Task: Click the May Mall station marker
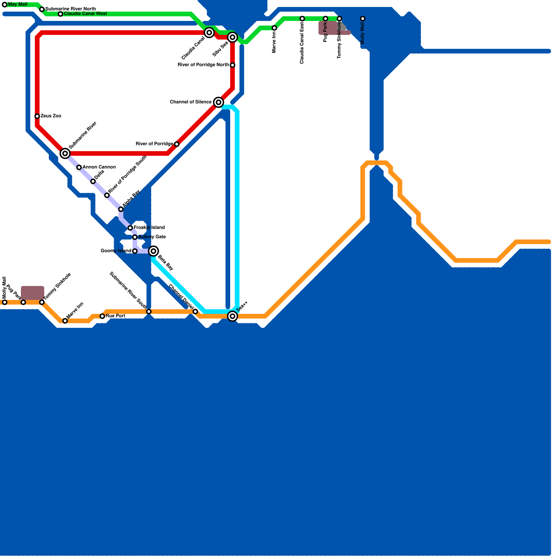pos(5,5)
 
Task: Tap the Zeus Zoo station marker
pos(37,116)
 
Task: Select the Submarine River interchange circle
pos(65,153)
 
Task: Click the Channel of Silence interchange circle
pos(219,102)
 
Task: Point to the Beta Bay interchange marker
pos(153,251)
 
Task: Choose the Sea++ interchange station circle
pos(233,316)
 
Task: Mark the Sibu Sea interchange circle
pos(233,37)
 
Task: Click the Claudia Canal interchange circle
pos(209,33)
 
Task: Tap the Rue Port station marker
pos(102,316)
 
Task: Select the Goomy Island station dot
pos(135,251)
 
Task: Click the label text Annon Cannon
pos(99,167)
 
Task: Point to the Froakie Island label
pos(149,228)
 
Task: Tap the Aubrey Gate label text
pos(152,237)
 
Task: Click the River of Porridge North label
pos(203,65)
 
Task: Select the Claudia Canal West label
pos(85,14)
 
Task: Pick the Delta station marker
pos(93,181)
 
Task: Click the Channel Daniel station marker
pos(195,311)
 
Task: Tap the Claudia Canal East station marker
pos(302,18)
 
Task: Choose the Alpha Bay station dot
pos(121,209)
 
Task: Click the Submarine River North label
pos(70,9)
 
